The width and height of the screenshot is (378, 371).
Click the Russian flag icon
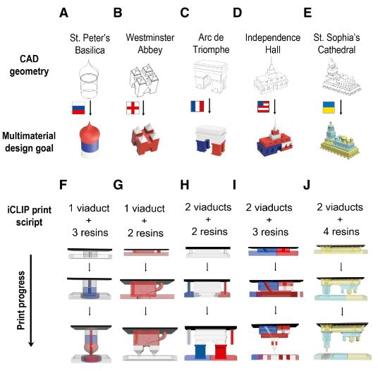(x=78, y=108)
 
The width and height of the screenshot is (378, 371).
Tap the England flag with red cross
(x=133, y=108)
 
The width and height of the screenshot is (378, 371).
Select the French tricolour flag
(x=197, y=107)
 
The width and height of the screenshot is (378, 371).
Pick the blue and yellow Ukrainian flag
(x=329, y=107)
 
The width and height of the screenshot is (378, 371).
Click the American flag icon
(x=263, y=107)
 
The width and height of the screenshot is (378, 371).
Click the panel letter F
(x=63, y=185)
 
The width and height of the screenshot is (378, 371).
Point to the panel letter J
(x=306, y=185)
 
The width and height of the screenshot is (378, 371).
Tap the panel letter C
(x=185, y=13)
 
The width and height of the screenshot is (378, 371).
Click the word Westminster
(x=150, y=37)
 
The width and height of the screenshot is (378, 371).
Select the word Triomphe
(x=211, y=49)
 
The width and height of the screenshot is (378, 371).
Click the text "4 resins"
(x=341, y=231)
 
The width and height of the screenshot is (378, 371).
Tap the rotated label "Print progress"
(x=21, y=300)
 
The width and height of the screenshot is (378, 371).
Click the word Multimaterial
(x=29, y=135)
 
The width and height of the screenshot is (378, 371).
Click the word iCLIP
(x=18, y=209)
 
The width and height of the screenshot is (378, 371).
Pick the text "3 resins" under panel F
(x=90, y=233)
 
